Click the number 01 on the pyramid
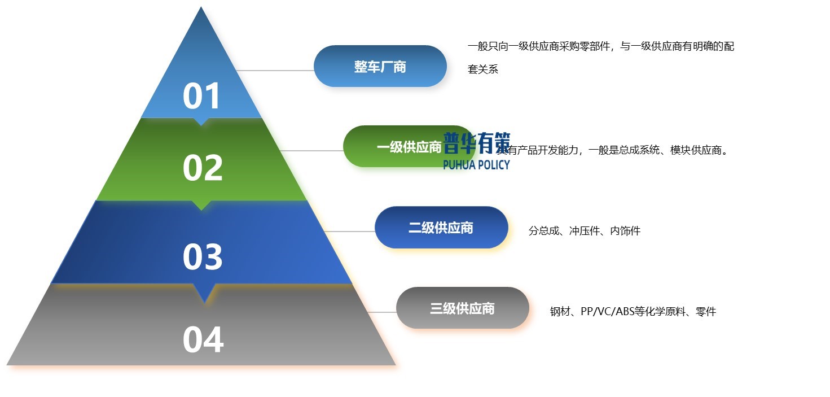pyautogui.click(x=202, y=96)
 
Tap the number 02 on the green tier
pyautogui.click(x=203, y=168)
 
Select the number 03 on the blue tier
pyautogui.click(x=203, y=256)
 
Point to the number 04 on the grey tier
pyautogui.click(x=203, y=340)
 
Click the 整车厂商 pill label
pyautogui.click(x=380, y=67)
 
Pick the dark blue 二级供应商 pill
pyautogui.click(x=441, y=228)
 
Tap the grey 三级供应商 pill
pyautogui.click(x=462, y=308)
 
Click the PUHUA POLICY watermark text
pyautogui.click(x=476, y=165)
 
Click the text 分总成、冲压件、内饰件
pyautogui.click(x=584, y=231)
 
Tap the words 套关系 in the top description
pyautogui.click(x=483, y=70)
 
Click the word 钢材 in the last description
pyautogui.click(x=560, y=312)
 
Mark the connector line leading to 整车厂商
pyautogui.click(x=274, y=71)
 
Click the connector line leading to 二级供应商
pyautogui.click(x=350, y=232)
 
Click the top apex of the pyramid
pyautogui.click(x=201, y=8)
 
